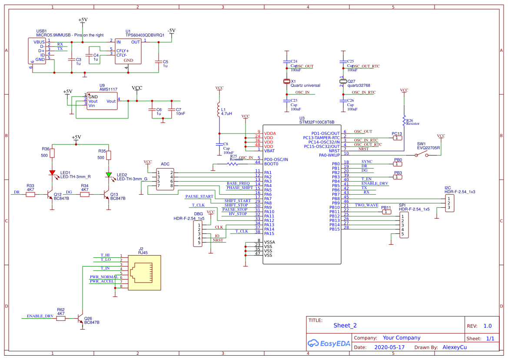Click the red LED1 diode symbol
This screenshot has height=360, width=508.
[x=52, y=173]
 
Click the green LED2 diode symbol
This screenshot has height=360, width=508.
[x=109, y=175]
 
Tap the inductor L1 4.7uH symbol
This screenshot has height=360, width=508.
[x=219, y=110]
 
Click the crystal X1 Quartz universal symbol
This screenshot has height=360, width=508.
[x=287, y=81]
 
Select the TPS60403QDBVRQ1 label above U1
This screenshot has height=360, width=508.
[x=145, y=35]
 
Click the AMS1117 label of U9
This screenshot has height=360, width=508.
[x=108, y=89]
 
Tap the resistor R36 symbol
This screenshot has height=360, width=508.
[x=52, y=153]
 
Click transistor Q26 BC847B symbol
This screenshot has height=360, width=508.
[x=80, y=319]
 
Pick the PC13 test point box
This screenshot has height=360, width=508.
[x=397, y=138]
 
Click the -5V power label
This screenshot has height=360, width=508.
[x=172, y=30]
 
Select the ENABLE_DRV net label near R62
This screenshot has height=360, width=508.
[x=40, y=316]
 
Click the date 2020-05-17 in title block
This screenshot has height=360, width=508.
[x=389, y=347]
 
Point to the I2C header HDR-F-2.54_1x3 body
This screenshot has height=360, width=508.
[x=450, y=203]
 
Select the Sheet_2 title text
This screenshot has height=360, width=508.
[x=345, y=325]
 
